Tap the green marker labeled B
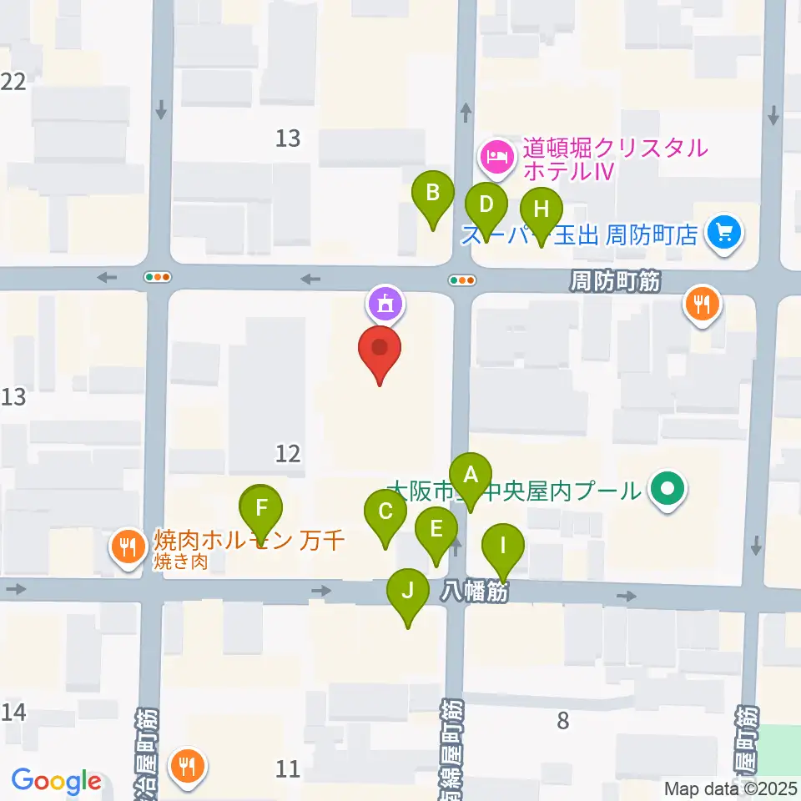[x=433, y=194]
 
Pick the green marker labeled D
[x=486, y=204]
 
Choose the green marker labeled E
[x=436, y=530]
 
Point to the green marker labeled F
[x=262, y=508]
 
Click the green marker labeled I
[x=503, y=547]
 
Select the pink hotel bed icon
[x=497, y=155]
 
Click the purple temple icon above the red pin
[x=385, y=303]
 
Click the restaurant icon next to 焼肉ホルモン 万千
[x=128, y=547]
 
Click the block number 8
[x=563, y=720]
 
